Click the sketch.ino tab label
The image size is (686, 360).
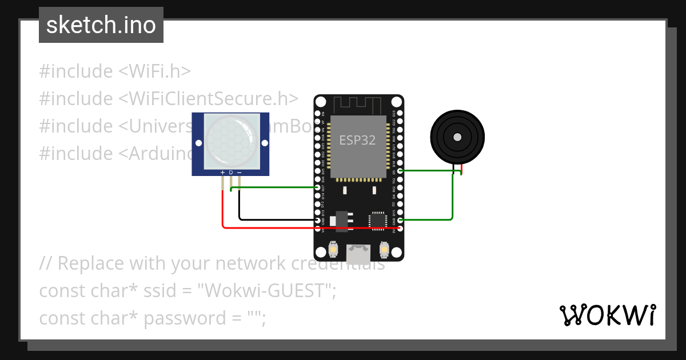pos(101,25)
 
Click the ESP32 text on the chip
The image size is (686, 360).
pos(357,140)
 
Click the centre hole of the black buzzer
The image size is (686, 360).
pos(457,137)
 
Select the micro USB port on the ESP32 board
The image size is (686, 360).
pos(358,251)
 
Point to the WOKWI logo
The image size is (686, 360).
pos(607,315)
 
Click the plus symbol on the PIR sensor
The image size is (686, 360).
pos(222,172)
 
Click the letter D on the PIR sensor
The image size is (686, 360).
pos(231,172)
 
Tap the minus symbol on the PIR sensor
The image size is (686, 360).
pos(239,172)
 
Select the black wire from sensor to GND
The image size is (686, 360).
pos(274,219)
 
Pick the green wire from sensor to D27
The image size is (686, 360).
pos(274,187)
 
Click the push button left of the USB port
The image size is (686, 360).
pos(333,250)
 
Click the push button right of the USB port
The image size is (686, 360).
pos(384,250)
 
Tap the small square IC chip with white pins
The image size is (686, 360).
pos(378,220)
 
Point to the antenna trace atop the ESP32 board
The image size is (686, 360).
pos(358,105)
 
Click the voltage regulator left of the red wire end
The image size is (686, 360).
pos(342,220)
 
